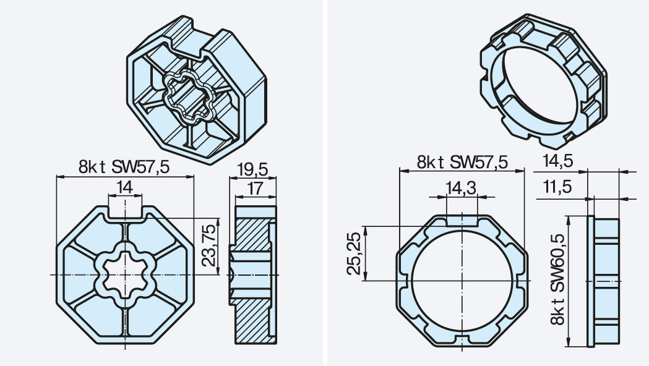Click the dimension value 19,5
click(253, 169)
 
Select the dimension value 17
click(255, 189)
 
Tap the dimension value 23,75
click(210, 245)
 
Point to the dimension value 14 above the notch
click(124, 187)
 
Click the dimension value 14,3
click(461, 188)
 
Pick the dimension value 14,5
click(557, 161)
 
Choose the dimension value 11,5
click(557, 187)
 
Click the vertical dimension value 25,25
click(354, 253)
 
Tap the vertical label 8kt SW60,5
click(557, 279)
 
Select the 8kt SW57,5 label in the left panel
click(124, 167)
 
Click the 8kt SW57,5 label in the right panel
click(462, 162)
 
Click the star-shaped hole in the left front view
click(125, 274)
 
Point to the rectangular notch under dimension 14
click(125, 211)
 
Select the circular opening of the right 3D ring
click(539, 85)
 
